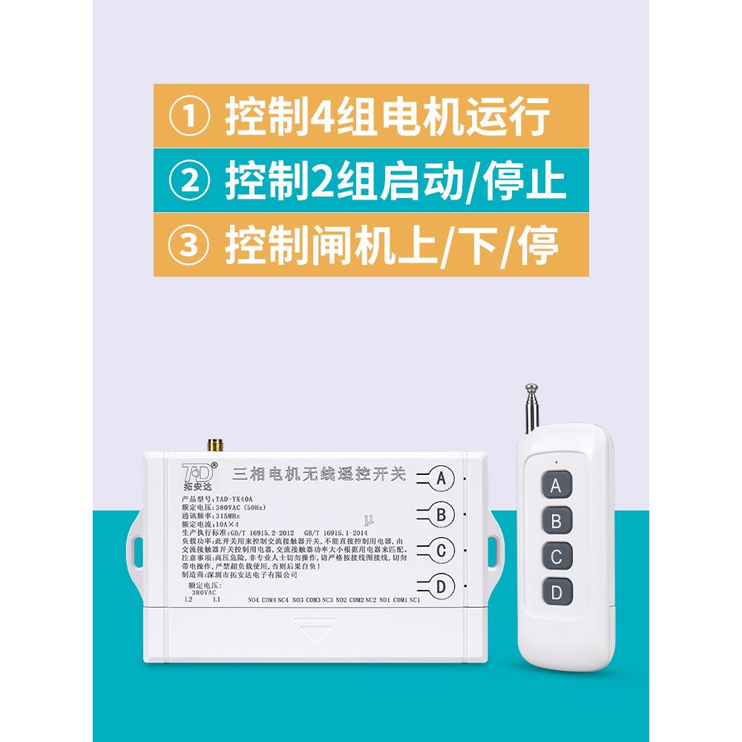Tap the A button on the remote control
(556, 486)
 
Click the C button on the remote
(556, 556)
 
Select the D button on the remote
(556, 591)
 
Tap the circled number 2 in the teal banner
(191, 182)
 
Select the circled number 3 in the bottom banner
(191, 245)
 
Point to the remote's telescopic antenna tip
(530, 388)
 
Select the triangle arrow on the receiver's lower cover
(315, 633)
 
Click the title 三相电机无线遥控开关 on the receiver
(319, 474)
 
